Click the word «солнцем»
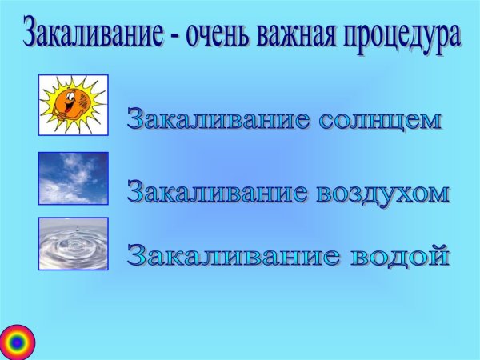pyautogui.click(x=380, y=120)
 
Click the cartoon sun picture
pyautogui.click(x=73, y=105)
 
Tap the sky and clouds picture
pyautogui.click(x=73, y=178)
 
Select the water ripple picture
pyautogui.click(x=73, y=243)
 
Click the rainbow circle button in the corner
pyautogui.click(x=17, y=342)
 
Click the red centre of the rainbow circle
pyautogui.click(x=17, y=342)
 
